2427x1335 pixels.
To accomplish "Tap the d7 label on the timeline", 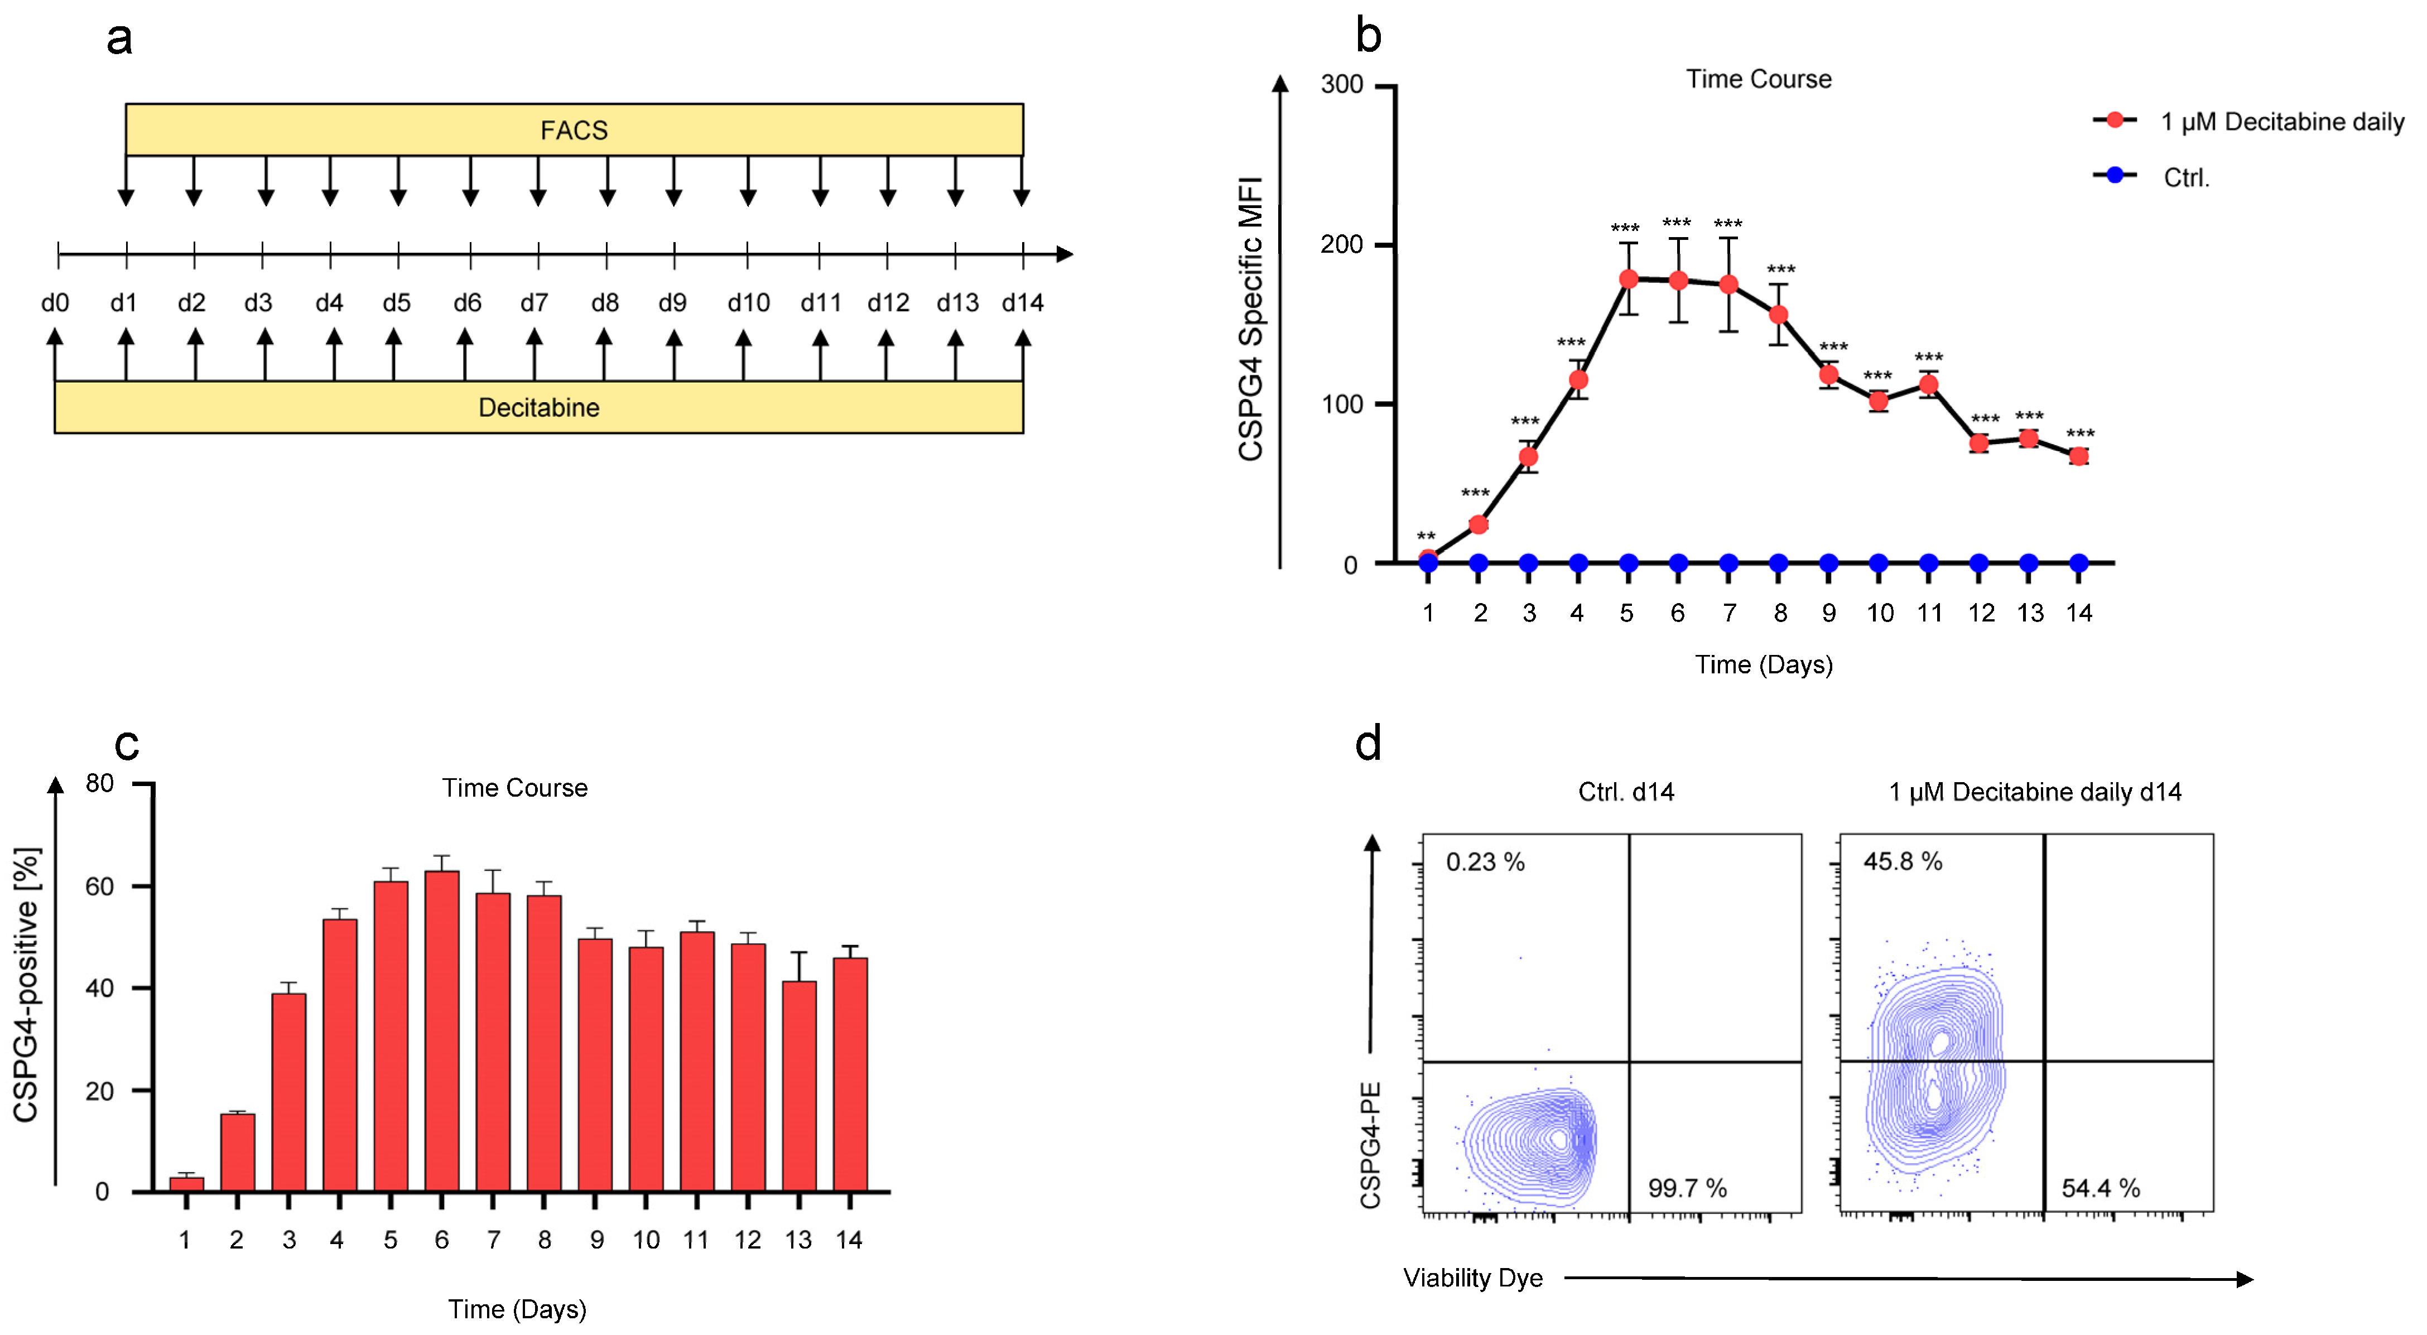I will pyautogui.click(x=534, y=302).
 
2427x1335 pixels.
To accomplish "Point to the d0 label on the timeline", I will pyautogui.click(x=55, y=302).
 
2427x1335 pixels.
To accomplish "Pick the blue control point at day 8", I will pyautogui.click(x=1778, y=563).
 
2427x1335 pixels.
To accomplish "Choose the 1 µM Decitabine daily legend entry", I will pyautogui.click(x=2281, y=122).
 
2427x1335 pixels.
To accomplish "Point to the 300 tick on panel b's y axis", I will pyautogui.click(x=1342, y=85).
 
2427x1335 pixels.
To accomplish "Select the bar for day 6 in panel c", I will pyautogui.click(x=442, y=1032).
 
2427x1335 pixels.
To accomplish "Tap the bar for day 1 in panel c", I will pyautogui.click(x=186, y=1184).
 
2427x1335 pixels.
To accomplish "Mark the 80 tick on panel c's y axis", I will pyautogui.click(x=100, y=784).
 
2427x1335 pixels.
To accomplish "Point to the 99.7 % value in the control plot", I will pyautogui.click(x=1687, y=1188).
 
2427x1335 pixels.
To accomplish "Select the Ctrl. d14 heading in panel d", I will pyautogui.click(x=1626, y=792).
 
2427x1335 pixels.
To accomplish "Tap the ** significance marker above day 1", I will pyautogui.click(x=1427, y=536).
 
